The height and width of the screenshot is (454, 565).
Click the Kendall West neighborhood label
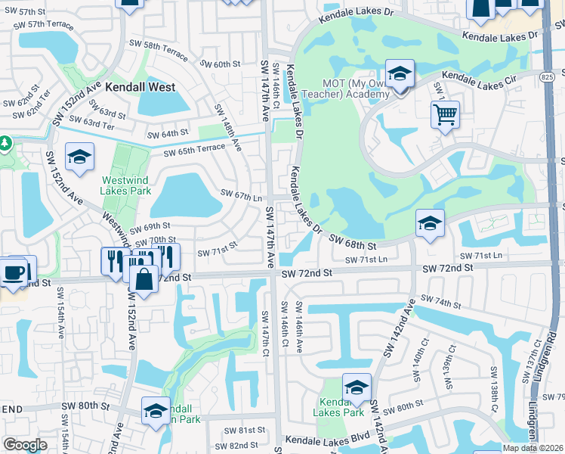(x=140, y=87)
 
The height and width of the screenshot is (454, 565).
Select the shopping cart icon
(x=446, y=115)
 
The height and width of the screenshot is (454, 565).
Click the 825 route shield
(x=548, y=76)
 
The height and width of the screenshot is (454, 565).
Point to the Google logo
(x=26, y=445)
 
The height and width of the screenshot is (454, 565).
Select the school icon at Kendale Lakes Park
(x=357, y=387)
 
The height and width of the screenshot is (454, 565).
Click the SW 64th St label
(x=167, y=134)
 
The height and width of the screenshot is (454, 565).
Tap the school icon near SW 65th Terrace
(x=79, y=157)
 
